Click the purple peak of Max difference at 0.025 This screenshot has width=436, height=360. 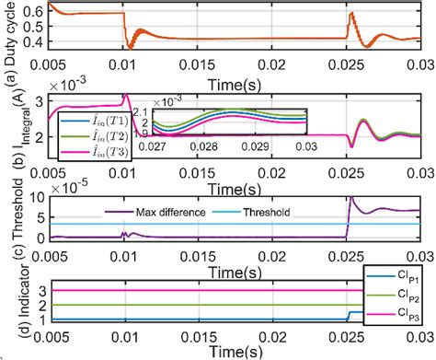pyautogui.click(x=350, y=197)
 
